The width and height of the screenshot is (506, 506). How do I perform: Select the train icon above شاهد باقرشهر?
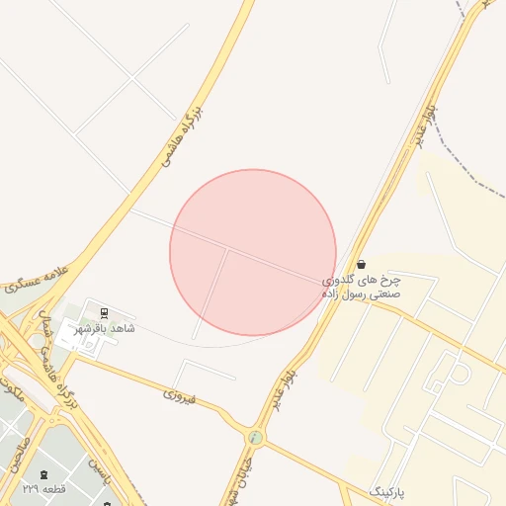(x=105, y=312)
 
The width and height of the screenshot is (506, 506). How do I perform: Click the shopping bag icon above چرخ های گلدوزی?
(x=362, y=264)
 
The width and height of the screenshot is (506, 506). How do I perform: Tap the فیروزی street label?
(x=180, y=396)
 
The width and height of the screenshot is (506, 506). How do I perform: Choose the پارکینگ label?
(x=387, y=491)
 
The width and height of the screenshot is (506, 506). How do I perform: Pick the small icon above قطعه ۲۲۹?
(x=43, y=475)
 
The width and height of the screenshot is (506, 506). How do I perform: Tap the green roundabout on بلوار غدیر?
(x=256, y=436)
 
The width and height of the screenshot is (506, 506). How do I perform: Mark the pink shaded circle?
(x=253, y=252)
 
